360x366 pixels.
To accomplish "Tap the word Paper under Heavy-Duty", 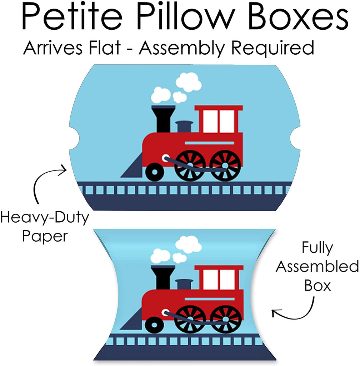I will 44,236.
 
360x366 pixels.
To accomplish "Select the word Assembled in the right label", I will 317,267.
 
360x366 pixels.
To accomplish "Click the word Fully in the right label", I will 317,248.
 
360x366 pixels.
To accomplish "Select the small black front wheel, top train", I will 155,172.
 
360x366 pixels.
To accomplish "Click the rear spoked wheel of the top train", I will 225,165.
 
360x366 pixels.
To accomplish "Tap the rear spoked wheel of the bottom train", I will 225,319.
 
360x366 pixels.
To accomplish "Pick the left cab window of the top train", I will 210,122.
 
